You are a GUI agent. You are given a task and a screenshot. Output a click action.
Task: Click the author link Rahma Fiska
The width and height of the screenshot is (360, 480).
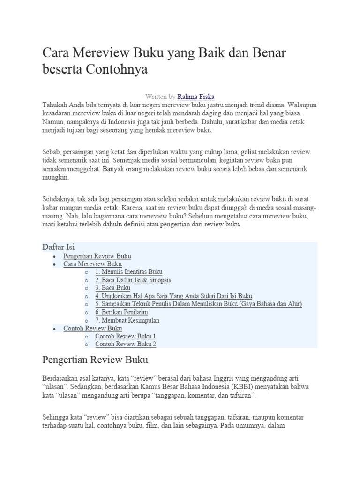(x=196, y=97)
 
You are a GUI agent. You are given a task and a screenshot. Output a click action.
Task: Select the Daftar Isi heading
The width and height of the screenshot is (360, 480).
(x=59, y=247)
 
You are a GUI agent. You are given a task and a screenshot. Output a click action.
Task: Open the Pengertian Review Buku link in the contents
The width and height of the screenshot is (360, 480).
(x=97, y=256)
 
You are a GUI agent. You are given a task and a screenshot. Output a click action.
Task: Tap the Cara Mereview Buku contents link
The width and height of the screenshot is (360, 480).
(x=92, y=264)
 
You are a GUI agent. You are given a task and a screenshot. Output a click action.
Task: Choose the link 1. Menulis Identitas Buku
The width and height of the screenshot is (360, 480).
(x=129, y=272)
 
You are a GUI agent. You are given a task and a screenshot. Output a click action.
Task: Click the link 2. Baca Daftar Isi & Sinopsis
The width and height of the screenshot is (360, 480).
(x=133, y=280)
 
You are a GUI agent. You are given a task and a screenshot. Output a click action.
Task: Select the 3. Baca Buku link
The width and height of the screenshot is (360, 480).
(x=112, y=288)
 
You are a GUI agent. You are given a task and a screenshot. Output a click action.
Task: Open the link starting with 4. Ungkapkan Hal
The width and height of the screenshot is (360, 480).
(x=173, y=296)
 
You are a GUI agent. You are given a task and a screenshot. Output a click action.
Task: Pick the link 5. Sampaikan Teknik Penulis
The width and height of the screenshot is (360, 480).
(x=198, y=304)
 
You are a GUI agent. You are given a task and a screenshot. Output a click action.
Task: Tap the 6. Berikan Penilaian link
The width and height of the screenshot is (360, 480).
(x=121, y=312)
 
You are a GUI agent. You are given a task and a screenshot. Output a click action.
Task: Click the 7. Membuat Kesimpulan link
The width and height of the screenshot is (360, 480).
(x=127, y=320)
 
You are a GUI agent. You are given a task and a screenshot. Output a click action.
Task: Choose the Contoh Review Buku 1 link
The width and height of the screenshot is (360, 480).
(x=126, y=336)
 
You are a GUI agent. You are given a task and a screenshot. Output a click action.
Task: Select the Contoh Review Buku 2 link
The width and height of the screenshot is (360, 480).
(x=126, y=344)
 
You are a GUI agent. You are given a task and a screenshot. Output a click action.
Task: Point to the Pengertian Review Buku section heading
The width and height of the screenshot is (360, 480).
(x=95, y=360)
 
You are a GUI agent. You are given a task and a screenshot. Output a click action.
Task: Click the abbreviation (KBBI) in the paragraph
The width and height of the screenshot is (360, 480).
(x=239, y=387)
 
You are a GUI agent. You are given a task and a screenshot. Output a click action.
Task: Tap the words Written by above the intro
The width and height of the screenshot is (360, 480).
(x=160, y=97)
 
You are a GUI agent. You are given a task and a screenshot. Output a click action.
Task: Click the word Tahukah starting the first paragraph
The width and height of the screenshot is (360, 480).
(x=54, y=105)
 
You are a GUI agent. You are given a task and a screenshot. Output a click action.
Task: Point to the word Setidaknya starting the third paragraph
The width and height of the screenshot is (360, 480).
(x=59, y=199)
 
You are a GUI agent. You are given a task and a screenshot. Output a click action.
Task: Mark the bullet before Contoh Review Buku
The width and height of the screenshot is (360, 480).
(x=55, y=329)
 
